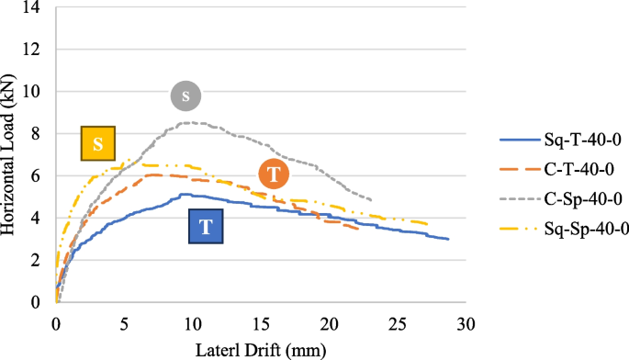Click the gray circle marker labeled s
185,96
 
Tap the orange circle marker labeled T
274,174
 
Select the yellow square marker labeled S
97,143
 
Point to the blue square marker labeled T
206,226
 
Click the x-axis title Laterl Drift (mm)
261,349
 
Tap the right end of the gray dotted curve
372,199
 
